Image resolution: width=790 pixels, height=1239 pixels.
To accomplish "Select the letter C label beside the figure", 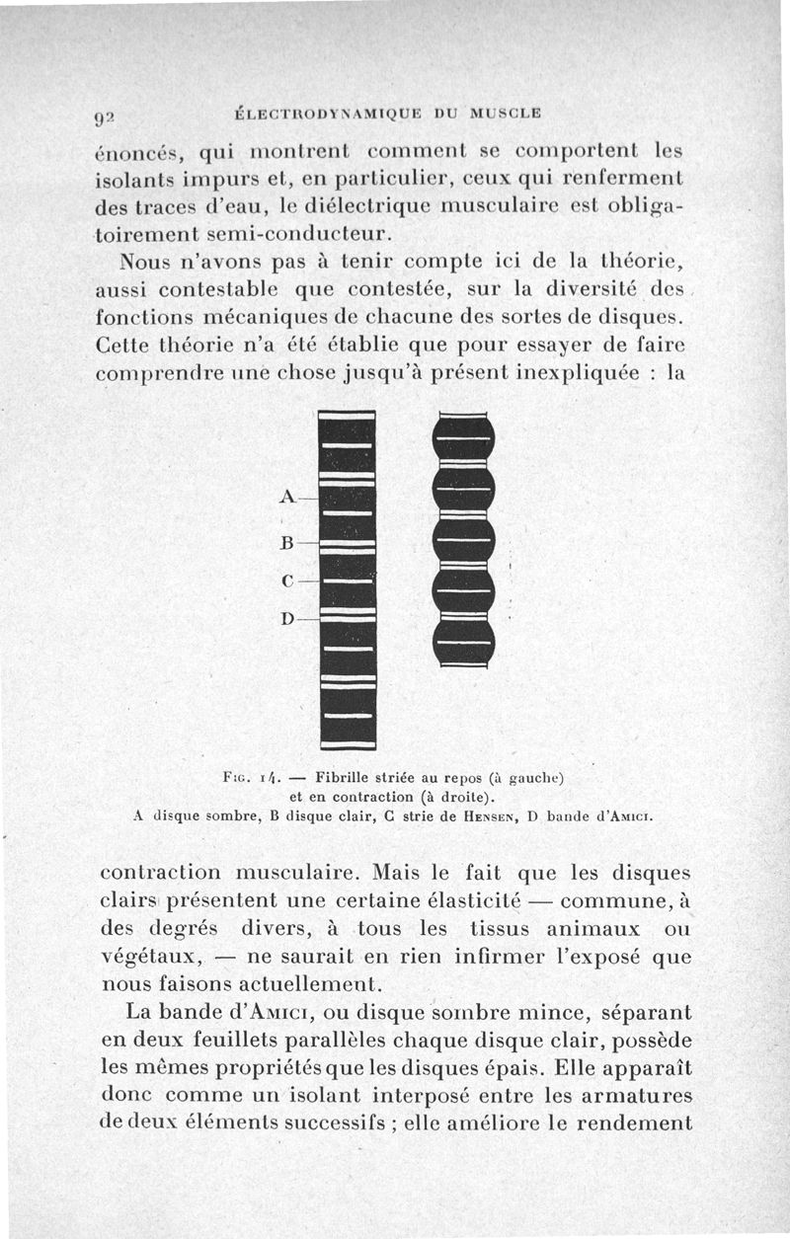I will coord(287,581).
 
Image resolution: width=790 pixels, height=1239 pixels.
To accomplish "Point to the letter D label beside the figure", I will coord(287,619).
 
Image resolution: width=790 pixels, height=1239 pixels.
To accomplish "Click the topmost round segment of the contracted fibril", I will coord(463,437).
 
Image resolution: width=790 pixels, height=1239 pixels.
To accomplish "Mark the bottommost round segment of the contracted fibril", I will coord(463,642).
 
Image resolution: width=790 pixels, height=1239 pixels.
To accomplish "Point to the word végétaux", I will coord(153,957).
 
